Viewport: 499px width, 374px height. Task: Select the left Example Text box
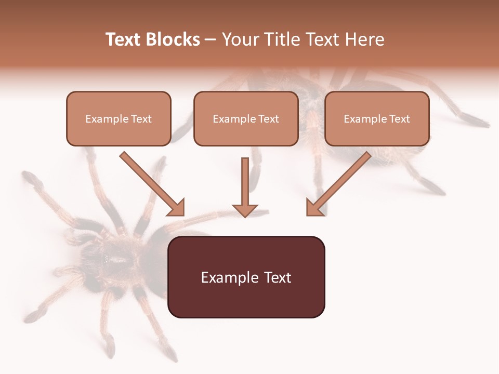pyautogui.click(x=119, y=118)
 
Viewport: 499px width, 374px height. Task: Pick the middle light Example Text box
pyautogui.click(x=246, y=118)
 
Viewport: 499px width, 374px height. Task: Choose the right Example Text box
pyautogui.click(x=377, y=118)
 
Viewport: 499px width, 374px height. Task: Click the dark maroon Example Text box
pyautogui.click(x=246, y=277)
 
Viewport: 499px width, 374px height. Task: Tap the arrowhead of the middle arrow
pyautogui.click(x=245, y=209)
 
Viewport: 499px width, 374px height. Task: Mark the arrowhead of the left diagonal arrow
pyautogui.click(x=177, y=207)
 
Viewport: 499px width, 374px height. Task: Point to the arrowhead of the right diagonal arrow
pyautogui.click(x=314, y=207)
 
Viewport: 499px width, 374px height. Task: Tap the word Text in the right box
pyautogui.click(x=399, y=119)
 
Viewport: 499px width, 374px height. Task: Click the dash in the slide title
pyautogui.click(x=211, y=40)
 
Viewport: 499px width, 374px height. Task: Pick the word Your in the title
pyautogui.click(x=240, y=39)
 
